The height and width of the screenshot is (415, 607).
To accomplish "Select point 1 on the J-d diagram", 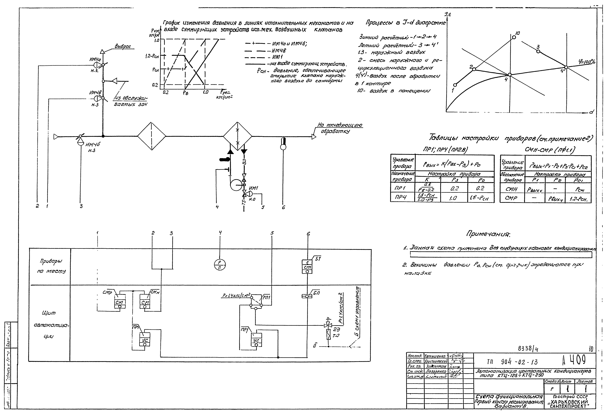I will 455,85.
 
